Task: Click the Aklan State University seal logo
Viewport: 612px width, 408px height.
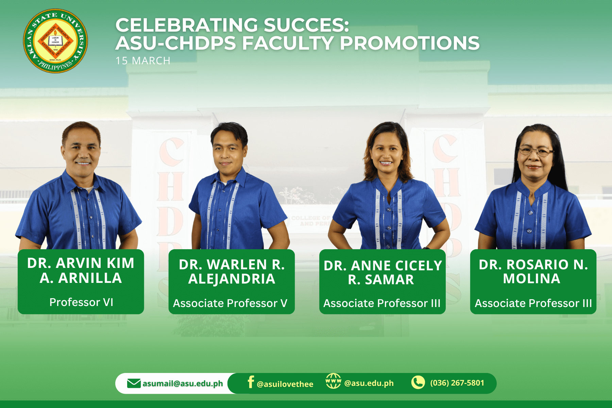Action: (55, 41)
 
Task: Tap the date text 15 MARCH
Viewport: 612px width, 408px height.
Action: (143, 61)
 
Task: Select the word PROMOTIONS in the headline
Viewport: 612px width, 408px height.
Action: (410, 43)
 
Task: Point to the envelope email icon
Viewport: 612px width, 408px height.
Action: (134, 383)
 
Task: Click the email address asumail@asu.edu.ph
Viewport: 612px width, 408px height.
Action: (183, 384)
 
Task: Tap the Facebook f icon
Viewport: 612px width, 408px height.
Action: (251, 382)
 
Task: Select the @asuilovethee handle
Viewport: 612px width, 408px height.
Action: (285, 384)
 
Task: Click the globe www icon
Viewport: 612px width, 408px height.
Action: (333, 381)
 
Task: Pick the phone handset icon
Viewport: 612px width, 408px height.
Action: (418, 382)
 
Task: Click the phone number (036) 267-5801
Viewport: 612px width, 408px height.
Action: (457, 383)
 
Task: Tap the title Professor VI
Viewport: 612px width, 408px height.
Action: (81, 302)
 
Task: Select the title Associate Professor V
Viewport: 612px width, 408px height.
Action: (230, 303)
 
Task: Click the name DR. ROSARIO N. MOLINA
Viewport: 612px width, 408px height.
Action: (533, 271)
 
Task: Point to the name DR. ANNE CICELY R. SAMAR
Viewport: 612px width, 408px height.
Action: (382, 272)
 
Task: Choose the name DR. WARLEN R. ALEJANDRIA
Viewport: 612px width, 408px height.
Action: (232, 271)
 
